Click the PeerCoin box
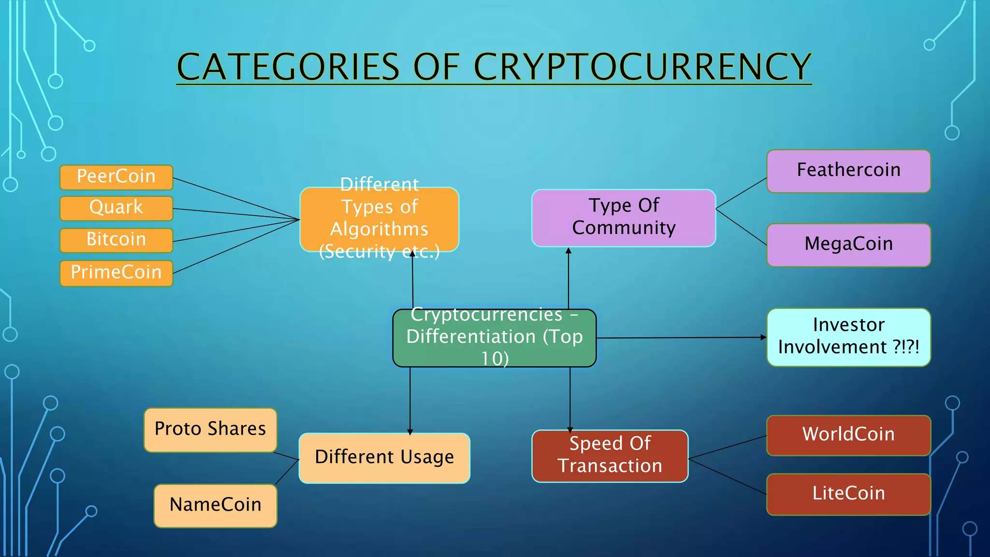[x=116, y=177]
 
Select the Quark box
[x=116, y=208]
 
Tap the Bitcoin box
[x=116, y=240]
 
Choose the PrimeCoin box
[x=116, y=273]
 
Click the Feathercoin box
[x=848, y=171]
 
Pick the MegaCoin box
[x=848, y=245]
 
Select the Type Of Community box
[x=623, y=218]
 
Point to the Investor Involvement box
[x=848, y=337]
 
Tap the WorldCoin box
[x=848, y=435]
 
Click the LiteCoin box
[x=848, y=494]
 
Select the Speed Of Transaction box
[x=610, y=455]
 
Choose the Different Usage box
[x=384, y=457]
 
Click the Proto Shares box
[x=210, y=429]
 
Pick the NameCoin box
[x=215, y=505]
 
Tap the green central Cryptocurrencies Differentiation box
[x=494, y=337]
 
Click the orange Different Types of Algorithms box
[x=379, y=219]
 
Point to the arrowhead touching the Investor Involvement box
[x=763, y=337]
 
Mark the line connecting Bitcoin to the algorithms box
[x=237, y=230]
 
